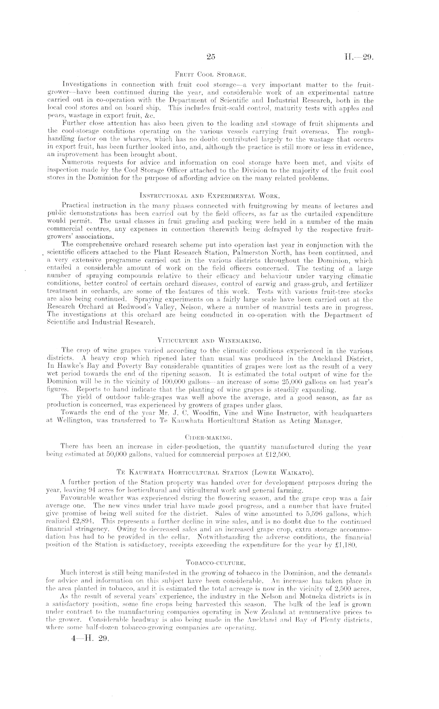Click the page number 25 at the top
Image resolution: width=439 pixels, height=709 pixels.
pos(211,57)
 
